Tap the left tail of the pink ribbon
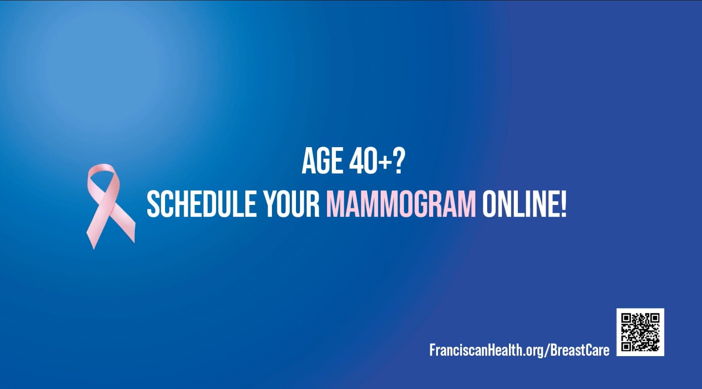point(94,233)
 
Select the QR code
point(640,332)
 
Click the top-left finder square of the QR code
point(626,318)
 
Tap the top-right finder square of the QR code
point(655,318)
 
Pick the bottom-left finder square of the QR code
point(626,346)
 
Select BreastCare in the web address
point(580,350)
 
